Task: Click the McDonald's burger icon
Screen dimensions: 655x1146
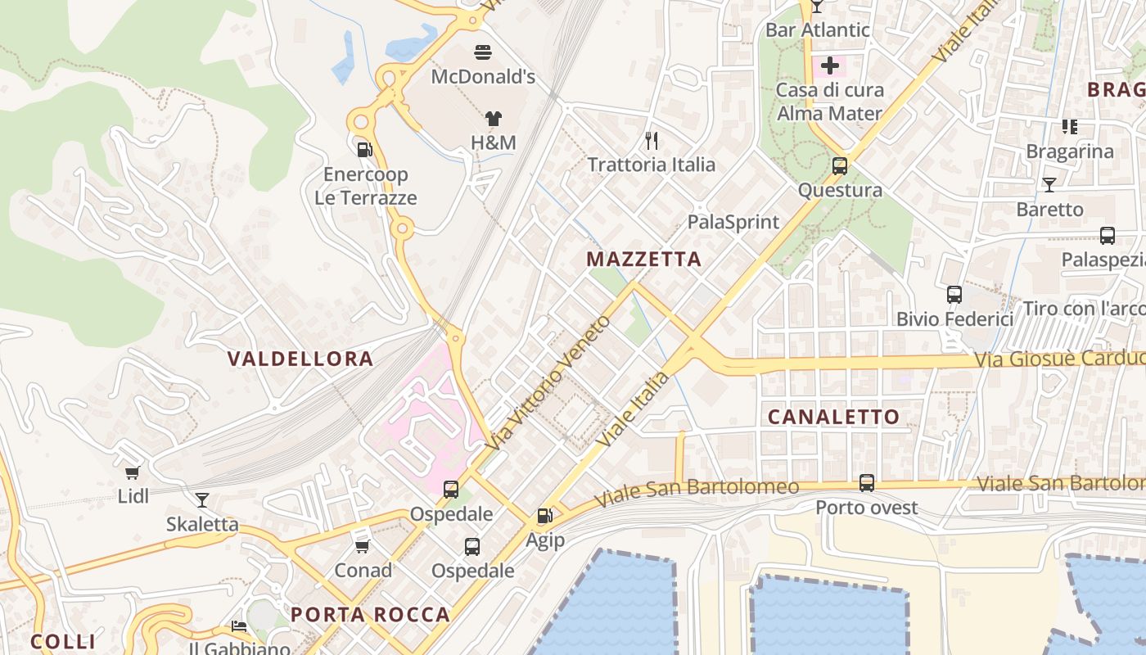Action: point(483,53)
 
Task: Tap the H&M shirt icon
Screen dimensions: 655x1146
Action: point(493,119)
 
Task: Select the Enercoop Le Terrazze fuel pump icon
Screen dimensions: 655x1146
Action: point(365,149)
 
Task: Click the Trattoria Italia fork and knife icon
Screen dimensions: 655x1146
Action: point(652,141)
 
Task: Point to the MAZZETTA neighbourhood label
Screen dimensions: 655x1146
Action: point(644,260)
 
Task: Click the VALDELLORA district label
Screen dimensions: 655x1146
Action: point(300,359)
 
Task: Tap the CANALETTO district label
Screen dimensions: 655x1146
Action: point(833,417)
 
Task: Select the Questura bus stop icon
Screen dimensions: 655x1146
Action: point(839,166)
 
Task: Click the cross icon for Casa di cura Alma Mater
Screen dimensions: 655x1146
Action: point(830,65)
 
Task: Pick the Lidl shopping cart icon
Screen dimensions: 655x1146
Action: point(132,472)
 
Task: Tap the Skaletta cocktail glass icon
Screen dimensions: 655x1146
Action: point(201,499)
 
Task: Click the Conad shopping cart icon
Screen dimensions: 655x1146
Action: point(362,545)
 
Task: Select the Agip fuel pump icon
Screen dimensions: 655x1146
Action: point(544,516)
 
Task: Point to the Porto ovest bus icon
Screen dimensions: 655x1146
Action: point(867,483)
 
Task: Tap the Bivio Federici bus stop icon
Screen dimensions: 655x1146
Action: point(954,295)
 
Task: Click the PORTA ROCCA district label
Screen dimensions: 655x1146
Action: point(370,615)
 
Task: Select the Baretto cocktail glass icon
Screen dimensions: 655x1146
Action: point(1049,185)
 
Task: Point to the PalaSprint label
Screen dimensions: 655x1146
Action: point(733,222)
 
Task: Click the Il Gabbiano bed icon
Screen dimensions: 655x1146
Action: point(238,626)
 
